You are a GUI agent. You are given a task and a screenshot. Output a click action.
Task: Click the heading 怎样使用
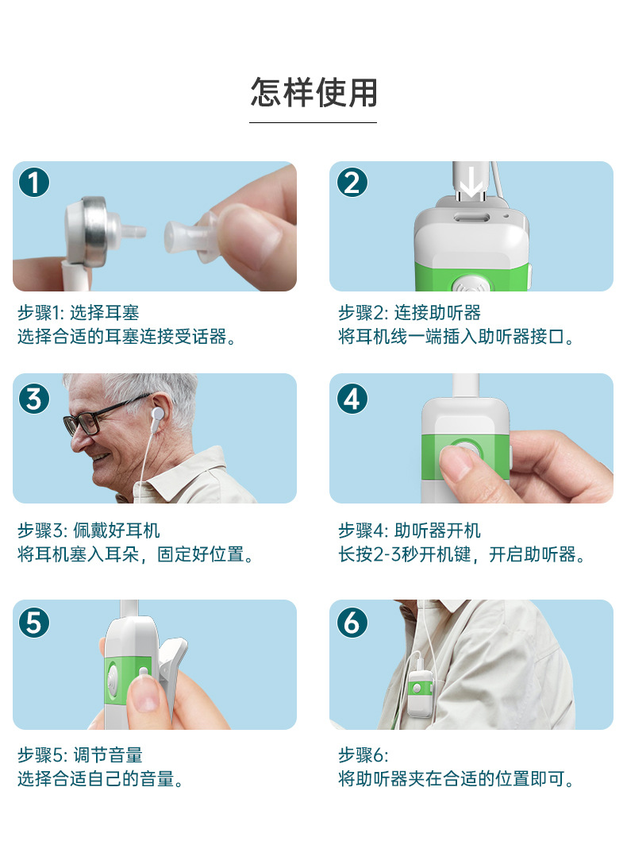pos(313,92)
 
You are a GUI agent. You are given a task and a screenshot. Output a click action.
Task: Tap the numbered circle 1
pos(34,182)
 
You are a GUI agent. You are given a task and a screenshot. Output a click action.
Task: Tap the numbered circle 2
pos(352,182)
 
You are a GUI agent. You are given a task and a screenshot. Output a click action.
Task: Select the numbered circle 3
pos(34,399)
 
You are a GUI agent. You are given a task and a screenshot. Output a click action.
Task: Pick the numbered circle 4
pos(352,399)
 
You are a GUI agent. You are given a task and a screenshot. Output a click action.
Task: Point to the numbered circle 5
pos(34,623)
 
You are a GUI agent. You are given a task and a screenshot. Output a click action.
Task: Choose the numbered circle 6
pos(352,623)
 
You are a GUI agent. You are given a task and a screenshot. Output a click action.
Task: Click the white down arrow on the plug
pos(471,182)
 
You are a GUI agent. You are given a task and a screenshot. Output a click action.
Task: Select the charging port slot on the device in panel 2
pos(472,218)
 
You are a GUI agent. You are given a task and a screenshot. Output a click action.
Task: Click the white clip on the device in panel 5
pos(172,679)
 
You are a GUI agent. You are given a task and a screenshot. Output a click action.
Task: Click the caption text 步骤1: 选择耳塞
pos(78,313)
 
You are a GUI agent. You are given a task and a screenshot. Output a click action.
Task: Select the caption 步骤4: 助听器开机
pos(410,531)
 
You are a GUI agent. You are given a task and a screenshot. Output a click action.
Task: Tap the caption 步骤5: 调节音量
pos(80,755)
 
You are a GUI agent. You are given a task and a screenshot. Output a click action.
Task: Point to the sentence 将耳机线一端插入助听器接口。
pos(456,337)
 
